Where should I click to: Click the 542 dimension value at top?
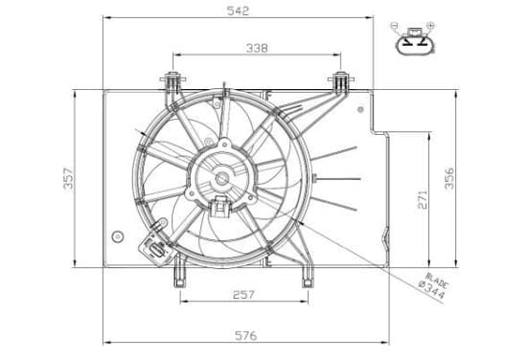pyautogui.click(x=238, y=11)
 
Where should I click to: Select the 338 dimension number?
pyautogui.click(x=257, y=48)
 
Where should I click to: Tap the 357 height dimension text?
pyautogui.click(x=68, y=179)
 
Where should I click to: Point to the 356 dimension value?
pyautogui.click(x=449, y=178)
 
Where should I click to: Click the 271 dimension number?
pyautogui.click(x=423, y=199)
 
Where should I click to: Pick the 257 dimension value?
pyautogui.click(x=243, y=295)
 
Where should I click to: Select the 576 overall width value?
pyautogui.click(x=246, y=336)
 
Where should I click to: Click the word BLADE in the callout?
pyautogui.click(x=437, y=281)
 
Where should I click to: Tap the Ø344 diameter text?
pyautogui.click(x=431, y=289)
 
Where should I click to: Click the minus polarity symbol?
pyautogui.click(x=394, y=25)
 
